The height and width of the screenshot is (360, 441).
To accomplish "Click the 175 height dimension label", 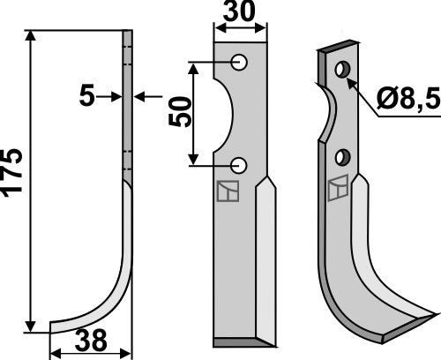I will pyautogui.click(x=15, y=181).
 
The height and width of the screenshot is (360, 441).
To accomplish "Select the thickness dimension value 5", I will pyautogui.click(x=86, y=96).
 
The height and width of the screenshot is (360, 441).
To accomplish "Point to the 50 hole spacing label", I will pyautogui.click(x=180, y=113).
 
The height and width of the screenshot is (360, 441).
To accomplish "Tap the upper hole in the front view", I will pyautogui.click(x=239, y=63).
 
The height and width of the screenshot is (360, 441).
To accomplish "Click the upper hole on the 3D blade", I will pyautogui.click(x=344, y=71).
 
